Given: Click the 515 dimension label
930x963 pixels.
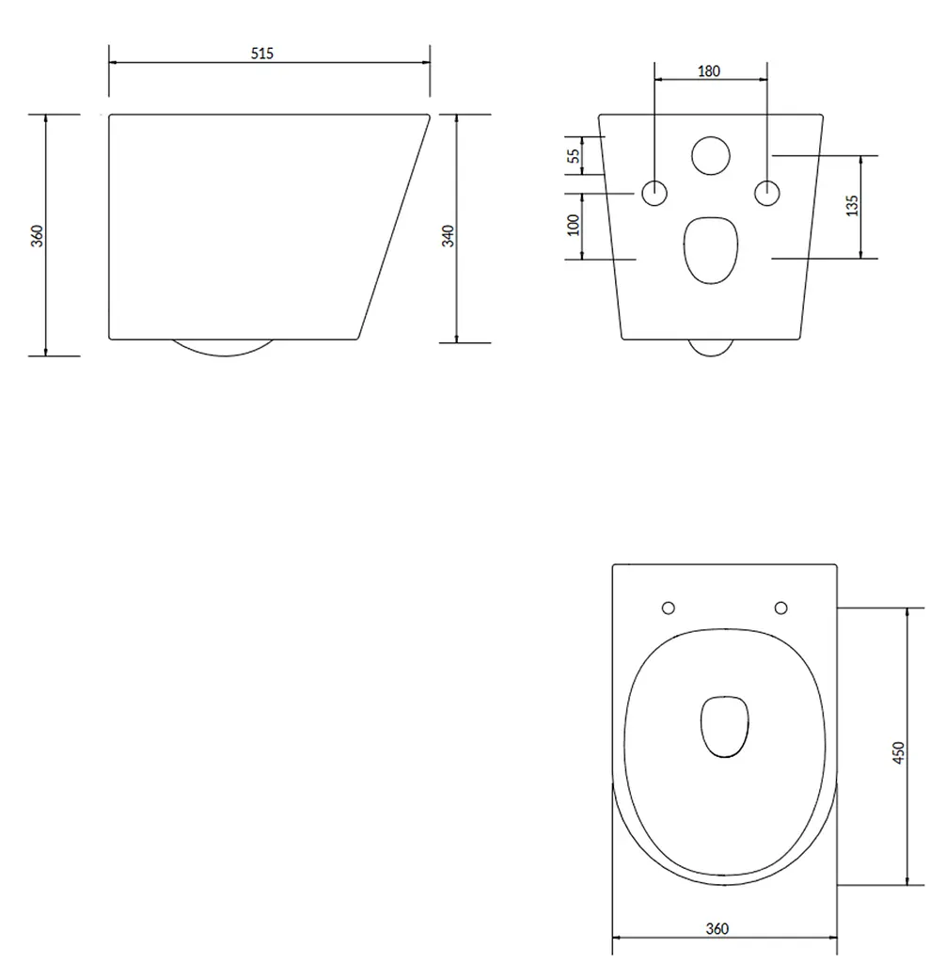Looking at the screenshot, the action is coord(262,54).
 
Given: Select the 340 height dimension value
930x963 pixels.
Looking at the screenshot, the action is coord(449,236).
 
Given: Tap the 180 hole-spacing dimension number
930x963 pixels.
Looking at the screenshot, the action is coord(709,71).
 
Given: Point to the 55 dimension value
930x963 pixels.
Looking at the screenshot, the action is coord(574,156).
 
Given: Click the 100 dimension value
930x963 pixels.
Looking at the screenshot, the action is coord(574,225).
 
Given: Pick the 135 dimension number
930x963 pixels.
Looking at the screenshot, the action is coord(852,206).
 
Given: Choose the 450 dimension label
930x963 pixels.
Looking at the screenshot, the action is coord(899,753).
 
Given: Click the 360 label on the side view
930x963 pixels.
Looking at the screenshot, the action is coord(38,236).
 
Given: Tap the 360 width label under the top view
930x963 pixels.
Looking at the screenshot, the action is coord(717,928).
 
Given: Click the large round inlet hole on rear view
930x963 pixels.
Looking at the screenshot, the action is coord(711,155).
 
